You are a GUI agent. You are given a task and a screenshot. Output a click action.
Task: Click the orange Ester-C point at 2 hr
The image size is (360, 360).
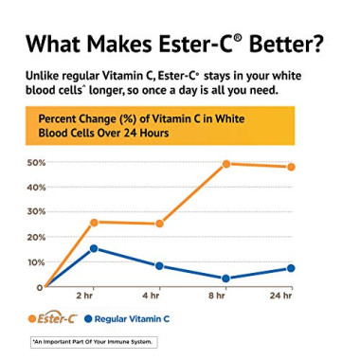coord(94,223)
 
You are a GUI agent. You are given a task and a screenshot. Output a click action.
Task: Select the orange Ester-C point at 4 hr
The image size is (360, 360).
coord(159,225)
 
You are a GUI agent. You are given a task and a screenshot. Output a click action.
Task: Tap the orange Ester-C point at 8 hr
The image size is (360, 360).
coord(226,164)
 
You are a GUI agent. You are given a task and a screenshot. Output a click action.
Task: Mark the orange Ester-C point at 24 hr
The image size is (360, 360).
coord(291,167)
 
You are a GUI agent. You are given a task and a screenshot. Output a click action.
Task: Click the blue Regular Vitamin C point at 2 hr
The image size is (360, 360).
coord(94,248)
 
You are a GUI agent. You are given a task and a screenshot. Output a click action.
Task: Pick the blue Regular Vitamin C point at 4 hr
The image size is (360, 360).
coord(159,266)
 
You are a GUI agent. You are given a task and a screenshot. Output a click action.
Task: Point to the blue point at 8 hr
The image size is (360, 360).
coord(226,279)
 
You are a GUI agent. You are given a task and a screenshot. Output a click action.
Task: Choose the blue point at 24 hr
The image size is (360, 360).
coord(291,268)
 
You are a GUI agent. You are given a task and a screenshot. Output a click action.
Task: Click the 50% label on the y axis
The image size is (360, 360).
coord(35,163)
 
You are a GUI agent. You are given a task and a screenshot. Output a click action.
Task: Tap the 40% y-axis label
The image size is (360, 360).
coord(35,188)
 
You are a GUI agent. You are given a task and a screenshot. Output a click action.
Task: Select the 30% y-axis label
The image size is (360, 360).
coord(35,212)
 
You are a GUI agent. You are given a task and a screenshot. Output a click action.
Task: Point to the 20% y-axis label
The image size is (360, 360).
coord(35,238)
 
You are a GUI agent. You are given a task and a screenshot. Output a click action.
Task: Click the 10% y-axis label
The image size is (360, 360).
coord(35,262)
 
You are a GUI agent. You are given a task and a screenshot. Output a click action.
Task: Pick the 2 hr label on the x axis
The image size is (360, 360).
coord(85,297)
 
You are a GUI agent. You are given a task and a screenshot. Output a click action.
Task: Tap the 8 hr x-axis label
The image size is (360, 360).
coord(218,297)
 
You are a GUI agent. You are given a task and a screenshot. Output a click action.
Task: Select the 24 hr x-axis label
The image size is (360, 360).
coord(280,297)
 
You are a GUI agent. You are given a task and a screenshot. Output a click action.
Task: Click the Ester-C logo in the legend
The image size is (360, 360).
coord(55,318)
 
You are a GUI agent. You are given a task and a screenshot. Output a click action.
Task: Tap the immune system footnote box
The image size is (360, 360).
coord(93,342)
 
